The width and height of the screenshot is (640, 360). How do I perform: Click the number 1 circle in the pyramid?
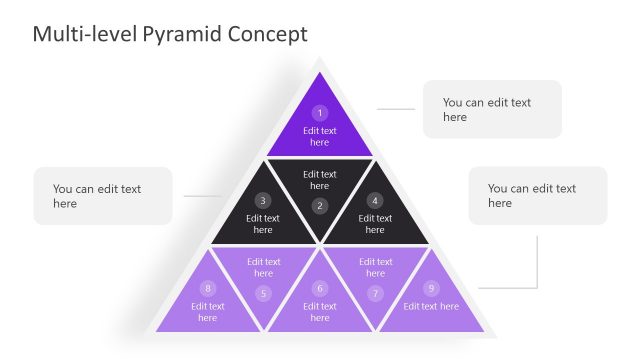coord(320,113)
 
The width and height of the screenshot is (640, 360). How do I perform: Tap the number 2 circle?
coord(320,206)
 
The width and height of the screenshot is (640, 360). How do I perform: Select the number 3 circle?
coord(263,200)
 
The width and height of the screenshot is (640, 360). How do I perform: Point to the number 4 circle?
coord(375,200)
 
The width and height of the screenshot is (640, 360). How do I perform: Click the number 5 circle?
coord(263,293)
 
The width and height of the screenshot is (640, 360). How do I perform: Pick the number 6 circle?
coord(320,288)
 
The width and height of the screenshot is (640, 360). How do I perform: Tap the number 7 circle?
coord(375,293)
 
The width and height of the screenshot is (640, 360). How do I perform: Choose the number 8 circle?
coord(208,288)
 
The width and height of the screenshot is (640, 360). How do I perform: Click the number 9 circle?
coord(431,288)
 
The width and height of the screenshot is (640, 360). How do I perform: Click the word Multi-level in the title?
coord(82,34)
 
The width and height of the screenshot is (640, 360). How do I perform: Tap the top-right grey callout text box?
coord(492,109)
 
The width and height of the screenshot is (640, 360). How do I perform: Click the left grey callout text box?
coord(103,196)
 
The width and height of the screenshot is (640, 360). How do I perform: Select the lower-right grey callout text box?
coord(537,196)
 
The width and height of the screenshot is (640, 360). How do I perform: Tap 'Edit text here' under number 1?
coord(320,136)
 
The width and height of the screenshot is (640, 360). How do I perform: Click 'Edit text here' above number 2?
coord(320,180)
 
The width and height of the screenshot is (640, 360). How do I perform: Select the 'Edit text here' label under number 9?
coord(431,306)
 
